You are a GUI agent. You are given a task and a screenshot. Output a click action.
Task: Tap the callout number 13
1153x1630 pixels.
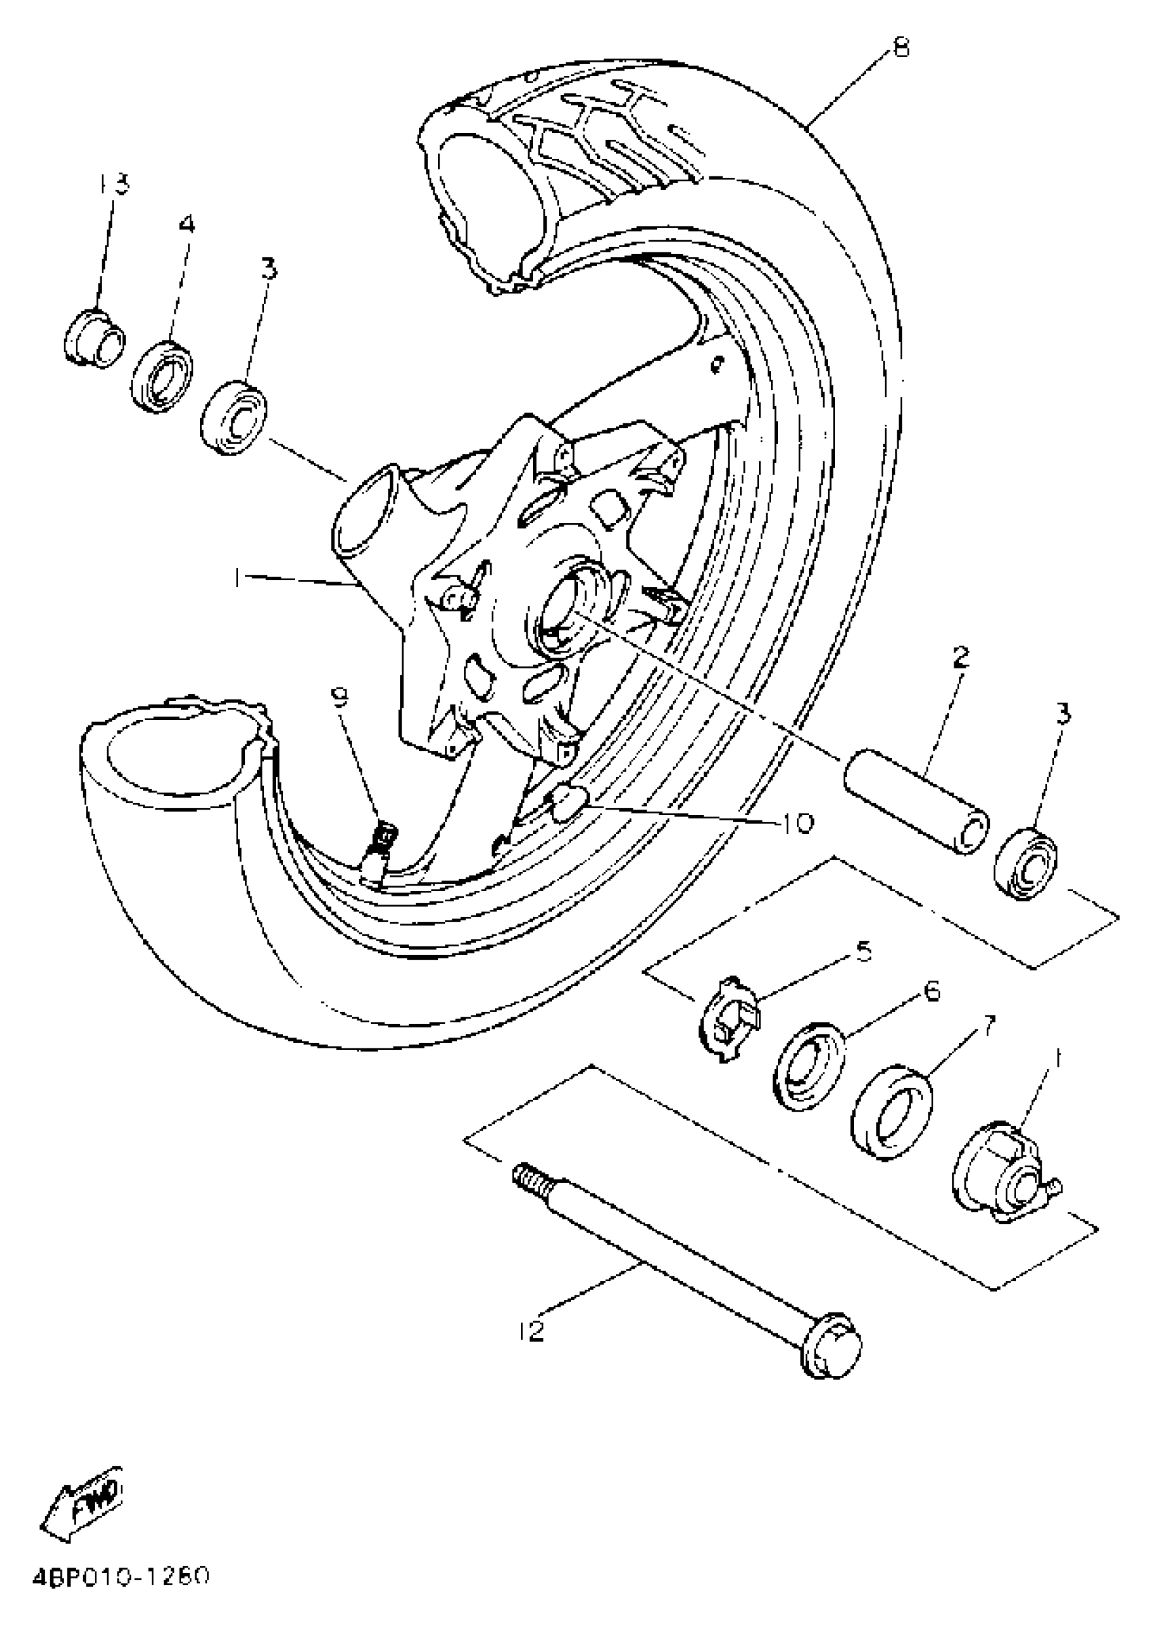(x=113, y=185)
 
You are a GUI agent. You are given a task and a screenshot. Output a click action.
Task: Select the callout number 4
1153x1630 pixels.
(x=186, y=225)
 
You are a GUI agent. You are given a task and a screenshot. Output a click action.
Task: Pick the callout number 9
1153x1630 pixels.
(x=340, y=698)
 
